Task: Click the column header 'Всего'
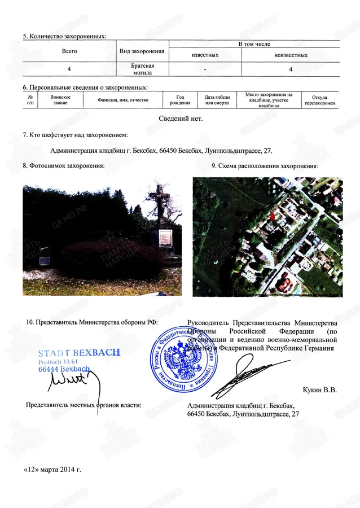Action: click(x=68, y=51)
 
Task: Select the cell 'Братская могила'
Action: click(x=142, y=69)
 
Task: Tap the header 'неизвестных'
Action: click(x=290, y=55)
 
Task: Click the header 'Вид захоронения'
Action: click(x=142, y=51)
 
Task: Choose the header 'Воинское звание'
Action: click(x=60, y=100)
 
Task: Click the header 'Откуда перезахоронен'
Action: click(x=320, y=100)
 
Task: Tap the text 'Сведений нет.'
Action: click(x=180, y=119)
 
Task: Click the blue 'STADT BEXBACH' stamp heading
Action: click(x=79, y=352)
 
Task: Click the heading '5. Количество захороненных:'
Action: click(x=64, y=37)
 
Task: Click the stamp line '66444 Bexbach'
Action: click(x=64, y=369)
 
